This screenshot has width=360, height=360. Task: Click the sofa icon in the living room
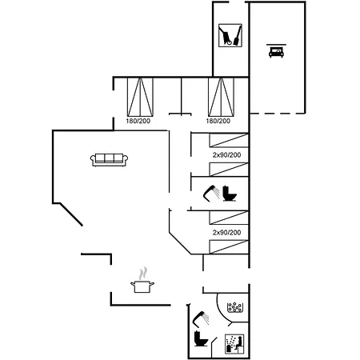(x=109, y=160)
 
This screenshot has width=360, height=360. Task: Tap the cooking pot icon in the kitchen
(x=142, y=286)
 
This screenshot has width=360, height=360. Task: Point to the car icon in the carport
(x=276, y=51)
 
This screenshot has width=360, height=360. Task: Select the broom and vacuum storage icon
(x=230, y=35)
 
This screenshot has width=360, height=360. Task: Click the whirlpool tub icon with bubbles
(x=234, y=307)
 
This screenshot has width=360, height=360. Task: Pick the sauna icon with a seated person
(x=234, y=344)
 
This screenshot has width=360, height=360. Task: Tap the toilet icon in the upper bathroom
(x=230, y=193)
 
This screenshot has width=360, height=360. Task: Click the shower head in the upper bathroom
(x=212, y=192)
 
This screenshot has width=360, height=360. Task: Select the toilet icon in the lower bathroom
(x=201, y=338)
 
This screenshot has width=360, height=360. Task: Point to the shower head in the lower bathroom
(x=201, y=318)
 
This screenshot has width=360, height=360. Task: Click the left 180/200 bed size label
(x=138, y=121)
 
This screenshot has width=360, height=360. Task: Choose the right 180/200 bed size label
(x=218, y=121)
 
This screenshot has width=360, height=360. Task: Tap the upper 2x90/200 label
(x=226, y=154)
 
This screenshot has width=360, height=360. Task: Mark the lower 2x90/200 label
(x=226, y=232)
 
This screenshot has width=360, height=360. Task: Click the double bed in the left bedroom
(x=140, y=97)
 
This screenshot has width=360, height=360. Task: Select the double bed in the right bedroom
(x=221, y=97)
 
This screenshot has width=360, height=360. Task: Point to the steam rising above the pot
(x=143, y=274)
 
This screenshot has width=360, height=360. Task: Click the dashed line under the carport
(x=278, y=114)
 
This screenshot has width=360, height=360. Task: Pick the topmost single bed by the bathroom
(x=229, y=140)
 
